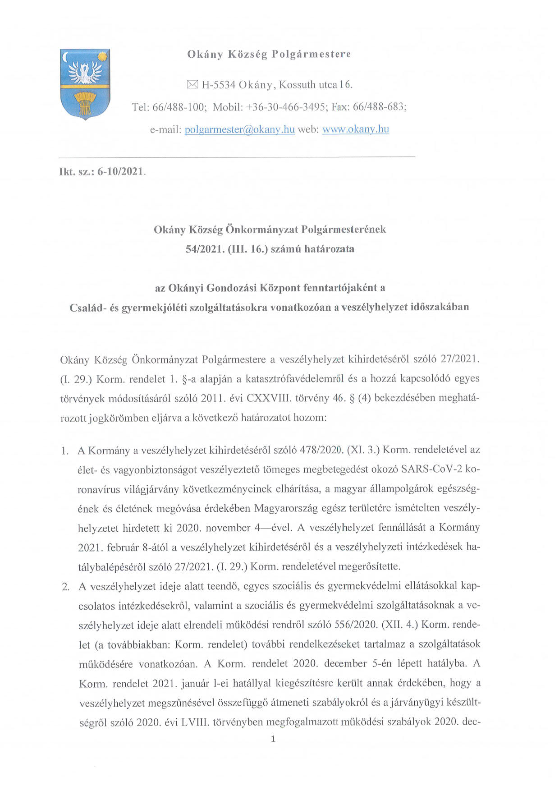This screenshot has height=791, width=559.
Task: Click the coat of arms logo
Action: click(x=85, y=83)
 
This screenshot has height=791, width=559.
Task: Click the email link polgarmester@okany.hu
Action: click(x=239, y=129)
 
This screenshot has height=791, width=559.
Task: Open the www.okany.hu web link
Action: click(x=355, y=129)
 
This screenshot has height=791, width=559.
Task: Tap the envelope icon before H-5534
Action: click(x=192, y=85)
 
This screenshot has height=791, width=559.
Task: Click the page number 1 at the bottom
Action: click(x=273, y=739)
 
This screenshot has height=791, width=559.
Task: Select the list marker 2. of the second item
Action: click(x=66, y=587)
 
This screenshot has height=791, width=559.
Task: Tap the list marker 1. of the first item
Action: click(x=65, y=451)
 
